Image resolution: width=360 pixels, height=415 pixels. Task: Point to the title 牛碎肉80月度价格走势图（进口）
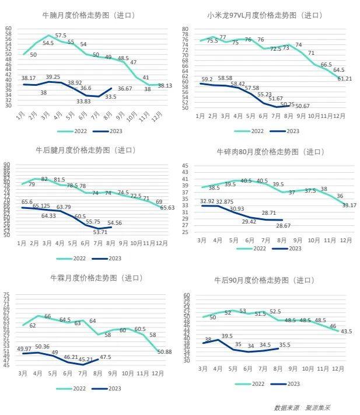pyautogui.click(x=268, y=152)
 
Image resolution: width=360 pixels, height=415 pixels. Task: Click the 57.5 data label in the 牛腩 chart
pyautogui.click(x=61, y=36)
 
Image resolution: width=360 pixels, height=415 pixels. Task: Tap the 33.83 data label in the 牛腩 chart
pyautogui.click(x=84, y=101)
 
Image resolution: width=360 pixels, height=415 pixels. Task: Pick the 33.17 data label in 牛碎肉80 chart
pyautogui.click(x=349, y=205)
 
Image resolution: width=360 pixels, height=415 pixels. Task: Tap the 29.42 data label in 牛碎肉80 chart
pyautogui.click(x=249, y=222)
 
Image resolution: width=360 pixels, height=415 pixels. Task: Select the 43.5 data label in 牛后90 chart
pyautogui.click(x=346, y=331)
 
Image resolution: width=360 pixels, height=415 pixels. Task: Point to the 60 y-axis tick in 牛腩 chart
pyautogui.click(x=8, y=28)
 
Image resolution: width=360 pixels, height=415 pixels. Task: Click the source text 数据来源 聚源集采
pyautogui.click(x=305, y=407)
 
